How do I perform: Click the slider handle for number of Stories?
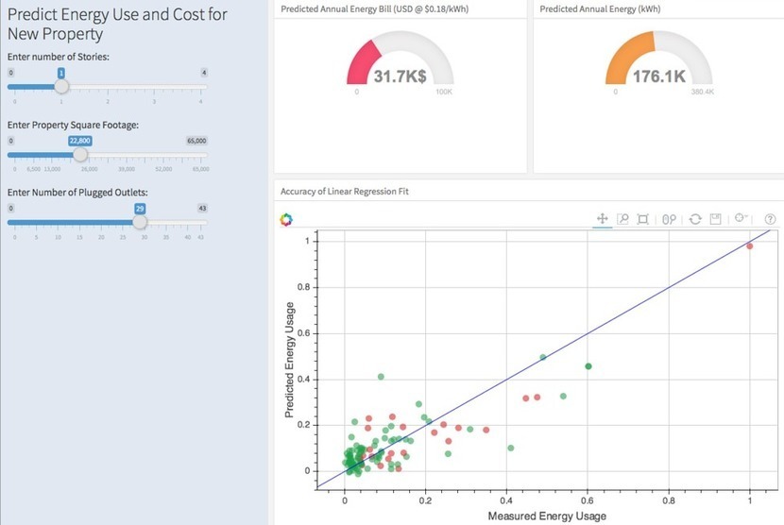click(61, 86)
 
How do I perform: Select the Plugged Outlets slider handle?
click(140, 222)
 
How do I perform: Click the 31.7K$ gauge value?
click(401, 76)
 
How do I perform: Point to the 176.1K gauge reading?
click(658, 76)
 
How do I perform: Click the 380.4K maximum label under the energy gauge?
click(703, 93)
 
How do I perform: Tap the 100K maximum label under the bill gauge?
click(443, 93)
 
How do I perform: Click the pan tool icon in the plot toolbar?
click(602, 219)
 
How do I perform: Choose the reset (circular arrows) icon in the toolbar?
click(694, 219)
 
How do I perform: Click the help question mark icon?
click(770, 219)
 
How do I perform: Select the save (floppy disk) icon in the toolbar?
click(716, 219)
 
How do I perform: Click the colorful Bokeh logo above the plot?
click(287, 219)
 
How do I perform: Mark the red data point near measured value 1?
click(749, 246)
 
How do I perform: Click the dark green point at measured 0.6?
click(588, 365)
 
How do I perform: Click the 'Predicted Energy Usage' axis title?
click(291, 360)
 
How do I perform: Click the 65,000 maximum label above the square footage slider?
click(196, 140)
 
